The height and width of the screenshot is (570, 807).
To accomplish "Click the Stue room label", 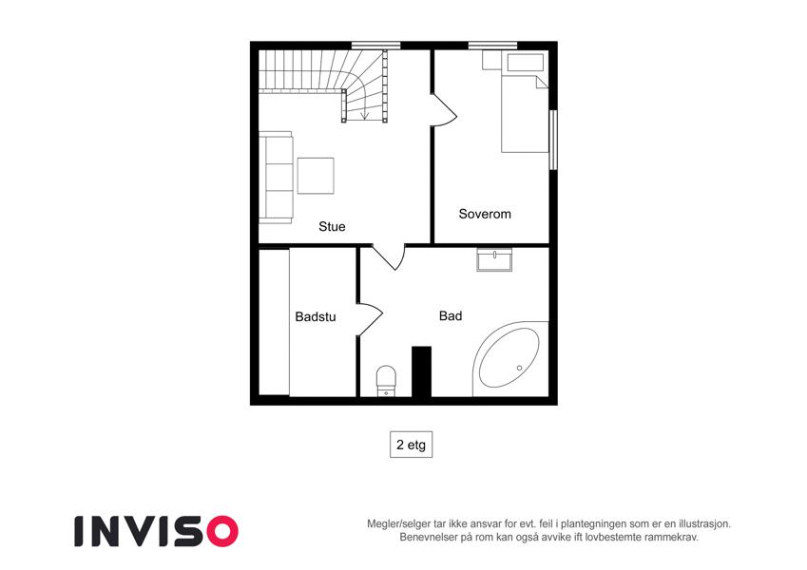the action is pyautogui.click(x=332, y=226).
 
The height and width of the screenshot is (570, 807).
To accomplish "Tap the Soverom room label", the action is pyautogui.click(x=485, y=214).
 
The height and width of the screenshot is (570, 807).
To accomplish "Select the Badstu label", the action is pyautogui.click(x=315, y=317).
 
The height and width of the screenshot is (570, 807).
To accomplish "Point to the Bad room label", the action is pyautogui.click(x=451, y=315).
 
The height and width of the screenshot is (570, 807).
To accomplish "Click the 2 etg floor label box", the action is pyautogui.click(x=411, y=445).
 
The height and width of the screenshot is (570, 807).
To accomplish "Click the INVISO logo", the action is pyautogui.click(x=156, y=531).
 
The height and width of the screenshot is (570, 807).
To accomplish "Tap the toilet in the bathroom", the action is pyautogui.click(x=386, y=381).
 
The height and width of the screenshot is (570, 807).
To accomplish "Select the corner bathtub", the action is pyautogui.click(x=510, y=358).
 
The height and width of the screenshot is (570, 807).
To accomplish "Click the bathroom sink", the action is pyautogui.click(x=494, y=259).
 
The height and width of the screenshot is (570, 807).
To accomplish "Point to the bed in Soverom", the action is pyautogui.click(x=525, y=103).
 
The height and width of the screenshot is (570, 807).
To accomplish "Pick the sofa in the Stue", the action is pyautogui.click(x=276, y=178).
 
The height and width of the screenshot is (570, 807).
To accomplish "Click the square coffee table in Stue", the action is pyautogui.click(x=316, y=176).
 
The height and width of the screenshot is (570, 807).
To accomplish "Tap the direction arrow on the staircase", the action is pyautogui.click(x=365, y=109).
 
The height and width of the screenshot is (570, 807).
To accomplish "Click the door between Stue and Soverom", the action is pyautogui.click(x=443, y=110).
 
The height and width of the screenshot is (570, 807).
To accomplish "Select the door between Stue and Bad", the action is pyautogui.click(x=389, y=257).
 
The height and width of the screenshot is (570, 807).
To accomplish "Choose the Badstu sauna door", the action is pyautogui.click(x=370, y=319).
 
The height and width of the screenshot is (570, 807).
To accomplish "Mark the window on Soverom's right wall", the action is pyautogui.click(x=553, y=140).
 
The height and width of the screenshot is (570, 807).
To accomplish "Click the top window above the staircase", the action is pyautogui.click(x=375, y=46).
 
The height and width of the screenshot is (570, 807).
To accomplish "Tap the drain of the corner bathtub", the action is pyautogui.click(x=519, y=368).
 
